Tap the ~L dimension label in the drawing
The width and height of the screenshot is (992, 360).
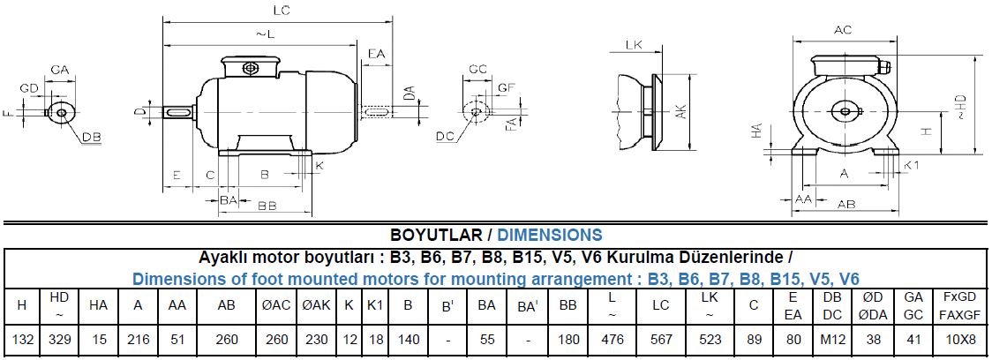tap(265, 34)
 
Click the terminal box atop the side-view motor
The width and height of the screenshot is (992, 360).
tap(249, 67)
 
